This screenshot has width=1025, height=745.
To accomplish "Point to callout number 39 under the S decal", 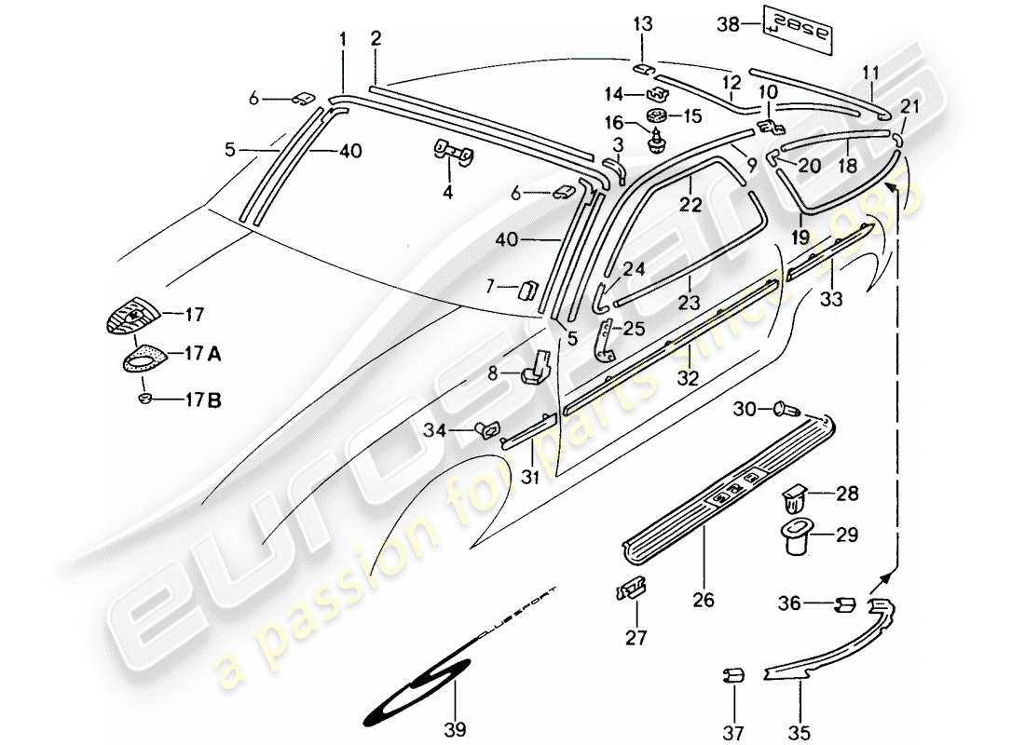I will tap(458, 727).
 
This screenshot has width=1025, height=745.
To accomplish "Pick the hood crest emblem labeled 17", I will tap(128, 318).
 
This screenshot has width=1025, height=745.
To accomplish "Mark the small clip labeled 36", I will tap(843, 605).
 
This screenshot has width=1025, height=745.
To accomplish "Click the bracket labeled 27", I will tap(632, 588).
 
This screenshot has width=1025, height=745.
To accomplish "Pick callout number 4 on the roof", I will tap(447, 193).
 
